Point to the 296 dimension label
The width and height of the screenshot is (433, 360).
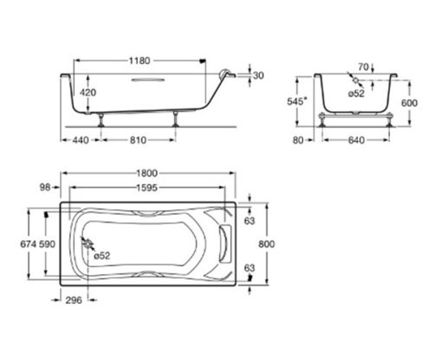73,301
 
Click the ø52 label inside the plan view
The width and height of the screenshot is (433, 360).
101,255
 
